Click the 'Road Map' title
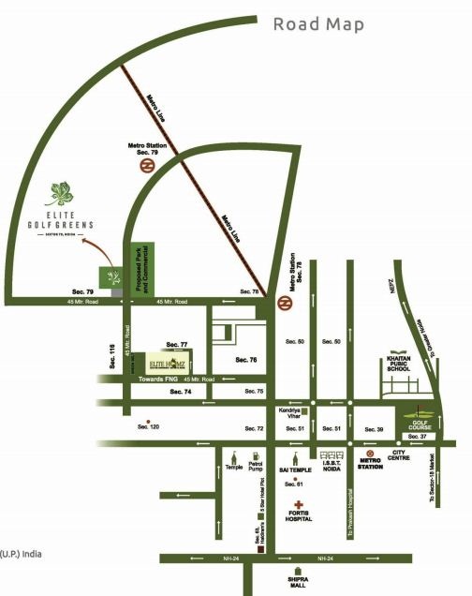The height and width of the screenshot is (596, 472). pyautogui.click(x=318, y=23)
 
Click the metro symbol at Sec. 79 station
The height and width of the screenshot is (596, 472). pyautogui.click(x=148, y=166)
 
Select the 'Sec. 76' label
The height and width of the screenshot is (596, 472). pyautogui.click(x=245, y=360)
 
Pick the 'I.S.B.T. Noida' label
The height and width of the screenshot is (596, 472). pyautogui.click(x=332, y=465)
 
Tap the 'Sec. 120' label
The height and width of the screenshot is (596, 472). pyautogui.click(x=149, y=426)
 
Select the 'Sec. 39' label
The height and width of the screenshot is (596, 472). pyautogui.click(x=374, y=428)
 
